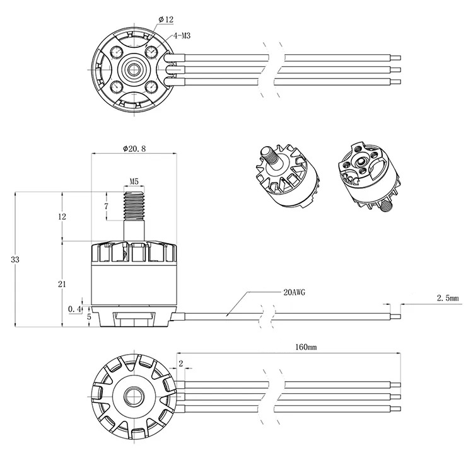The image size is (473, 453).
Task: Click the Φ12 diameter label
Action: point(166,20)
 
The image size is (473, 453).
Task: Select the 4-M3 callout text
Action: point(182,36)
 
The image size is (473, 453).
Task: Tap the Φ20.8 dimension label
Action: point(134,148)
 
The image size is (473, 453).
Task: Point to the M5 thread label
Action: point(134,181)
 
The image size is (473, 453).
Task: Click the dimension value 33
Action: point(15,259)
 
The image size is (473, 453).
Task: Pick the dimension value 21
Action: point(62,284)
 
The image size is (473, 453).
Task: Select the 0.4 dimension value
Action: point(75,309)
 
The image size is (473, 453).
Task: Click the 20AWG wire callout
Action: point(294,292)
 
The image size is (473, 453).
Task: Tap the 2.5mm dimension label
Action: point(448,298)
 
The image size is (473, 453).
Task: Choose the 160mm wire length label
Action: point(306,347)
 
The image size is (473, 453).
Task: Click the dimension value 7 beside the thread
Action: point(106,207)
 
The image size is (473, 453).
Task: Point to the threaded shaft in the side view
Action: point(134,205)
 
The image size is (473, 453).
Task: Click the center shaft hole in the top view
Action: point(132,70)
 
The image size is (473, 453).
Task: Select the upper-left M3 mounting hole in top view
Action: point(116,52)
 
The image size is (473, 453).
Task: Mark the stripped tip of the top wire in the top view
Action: point(396,57)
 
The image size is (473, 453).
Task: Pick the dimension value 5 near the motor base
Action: point(89,317)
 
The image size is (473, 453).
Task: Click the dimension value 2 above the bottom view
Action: point(181,364)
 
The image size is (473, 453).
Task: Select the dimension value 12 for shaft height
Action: point(62,216)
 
